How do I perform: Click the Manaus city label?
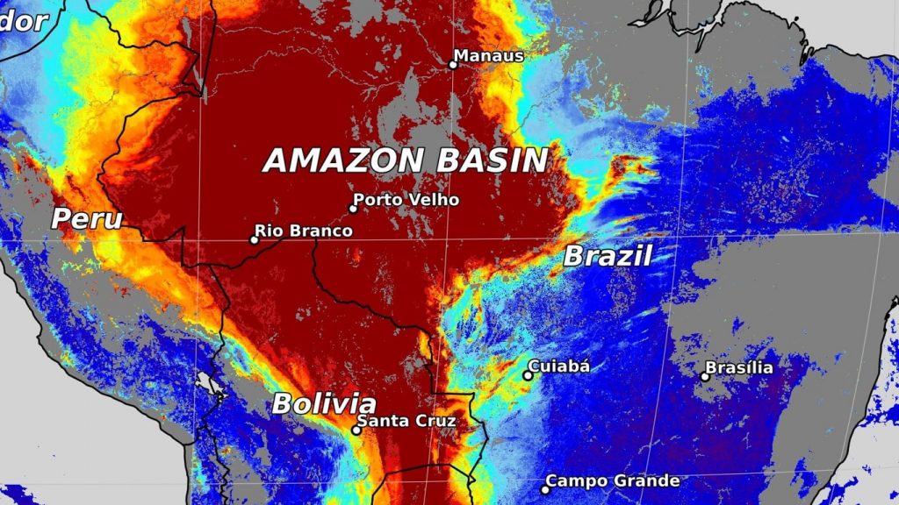490,56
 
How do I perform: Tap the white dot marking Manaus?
453,64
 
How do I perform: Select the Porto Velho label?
406,200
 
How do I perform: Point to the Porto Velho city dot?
354,209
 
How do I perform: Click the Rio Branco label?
303,231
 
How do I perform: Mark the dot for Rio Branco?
255,239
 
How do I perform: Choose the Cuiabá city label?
558,366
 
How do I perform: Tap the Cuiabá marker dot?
528,375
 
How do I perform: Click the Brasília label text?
739,367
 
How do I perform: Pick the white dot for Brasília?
705,376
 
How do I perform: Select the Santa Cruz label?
408,422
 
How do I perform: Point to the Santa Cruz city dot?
356,430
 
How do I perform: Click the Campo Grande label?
612,481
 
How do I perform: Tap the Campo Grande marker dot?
545,489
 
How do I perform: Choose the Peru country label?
87,218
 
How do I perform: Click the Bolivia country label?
323,404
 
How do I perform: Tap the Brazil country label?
607,257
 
